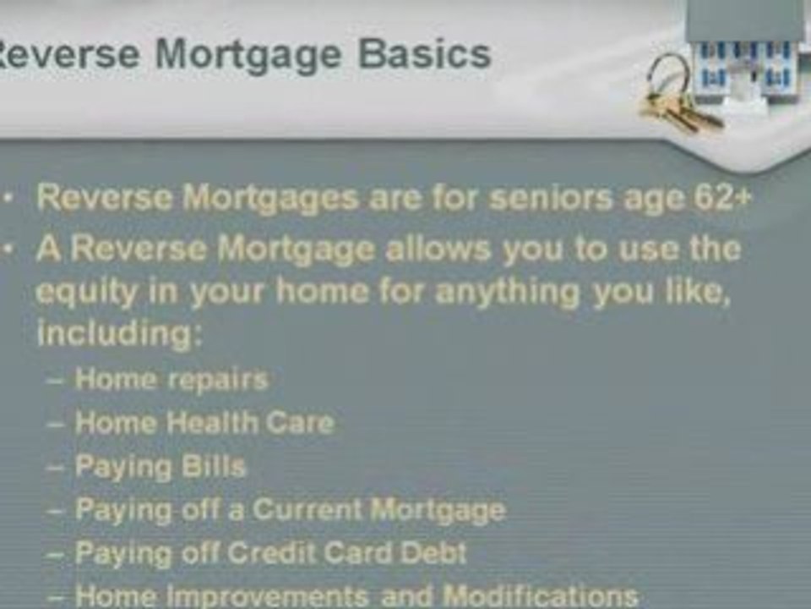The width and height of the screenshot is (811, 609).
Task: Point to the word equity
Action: pyautogui.click(x=85, y=293)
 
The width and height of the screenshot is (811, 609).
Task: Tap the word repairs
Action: pyautogui.click(x=218, y=379)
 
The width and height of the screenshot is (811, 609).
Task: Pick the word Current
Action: pyautogui.click(x=309, y=510)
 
